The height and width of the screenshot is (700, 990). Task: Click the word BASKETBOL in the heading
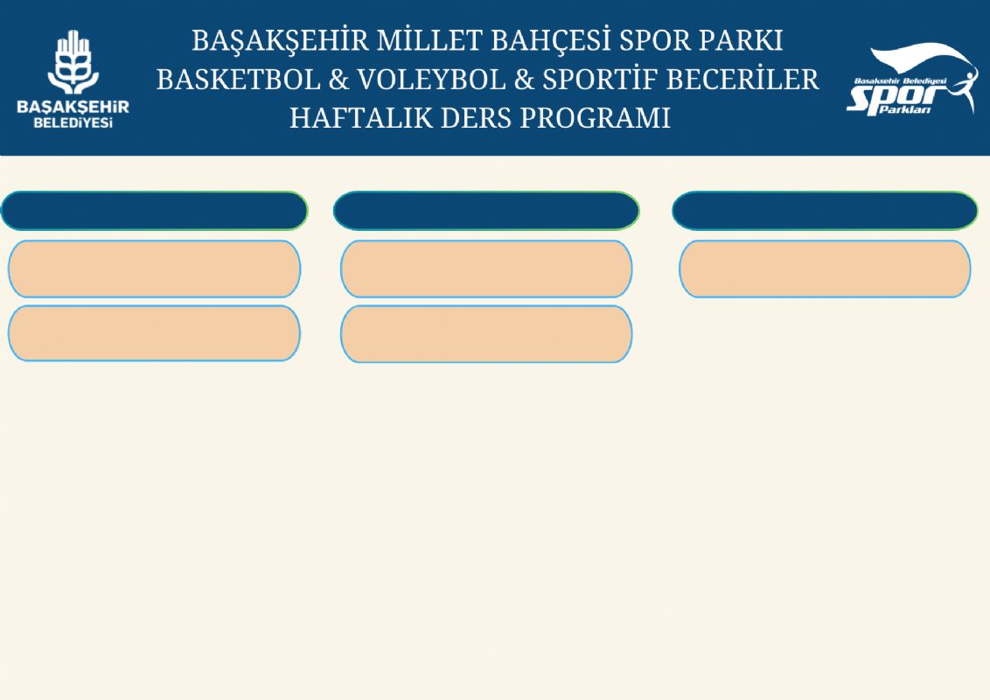239,80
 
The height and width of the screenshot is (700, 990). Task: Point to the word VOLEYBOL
432,80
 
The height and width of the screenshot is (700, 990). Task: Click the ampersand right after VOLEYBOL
524,80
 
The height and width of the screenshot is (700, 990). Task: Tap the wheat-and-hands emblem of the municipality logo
73,62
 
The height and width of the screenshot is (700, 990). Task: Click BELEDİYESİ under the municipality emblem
73,122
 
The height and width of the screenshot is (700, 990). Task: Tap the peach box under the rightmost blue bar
825,269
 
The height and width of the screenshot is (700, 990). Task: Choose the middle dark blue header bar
486,211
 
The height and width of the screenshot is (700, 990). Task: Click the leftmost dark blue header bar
154,211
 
